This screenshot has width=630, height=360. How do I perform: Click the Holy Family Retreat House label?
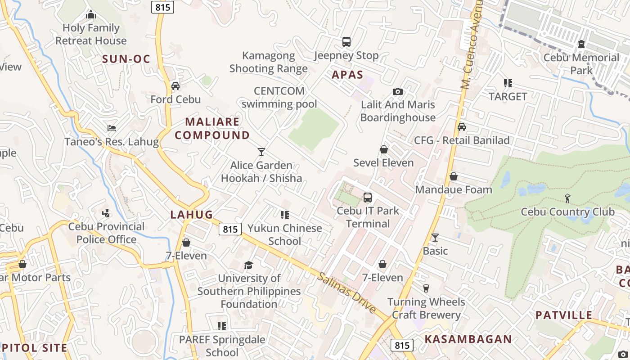[91, 34]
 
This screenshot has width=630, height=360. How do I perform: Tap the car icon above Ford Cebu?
[175, 85]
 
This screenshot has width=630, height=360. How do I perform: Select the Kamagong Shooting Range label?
[269, 62]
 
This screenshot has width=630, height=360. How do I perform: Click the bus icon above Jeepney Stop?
[346, 42]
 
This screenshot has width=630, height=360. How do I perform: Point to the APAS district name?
[347, 75]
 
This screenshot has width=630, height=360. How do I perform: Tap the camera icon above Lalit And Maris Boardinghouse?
[398, 91]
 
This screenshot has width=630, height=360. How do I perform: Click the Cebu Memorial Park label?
[581, 64]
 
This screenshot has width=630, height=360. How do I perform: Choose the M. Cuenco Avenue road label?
[471, 45]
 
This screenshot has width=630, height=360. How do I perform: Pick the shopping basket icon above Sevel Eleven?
[384, 149]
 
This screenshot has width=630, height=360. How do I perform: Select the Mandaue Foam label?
[454, 189]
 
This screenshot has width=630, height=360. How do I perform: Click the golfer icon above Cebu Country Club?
[567, 198]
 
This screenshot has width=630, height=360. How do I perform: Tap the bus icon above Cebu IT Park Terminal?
[368, 197]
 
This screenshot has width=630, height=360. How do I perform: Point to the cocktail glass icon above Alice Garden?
[261, 152]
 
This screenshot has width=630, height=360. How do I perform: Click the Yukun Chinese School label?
[285, 234]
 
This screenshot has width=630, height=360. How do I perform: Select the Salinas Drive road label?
[346, 293]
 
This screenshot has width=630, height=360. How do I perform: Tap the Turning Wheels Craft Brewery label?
[426, 308]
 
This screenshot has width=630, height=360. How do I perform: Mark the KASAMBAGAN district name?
[468, 339]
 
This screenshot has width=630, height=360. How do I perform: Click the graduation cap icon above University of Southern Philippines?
[249, 265]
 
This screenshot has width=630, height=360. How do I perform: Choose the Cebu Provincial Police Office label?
[106, 233]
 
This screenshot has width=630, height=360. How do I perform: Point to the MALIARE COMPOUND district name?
[212, 128]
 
